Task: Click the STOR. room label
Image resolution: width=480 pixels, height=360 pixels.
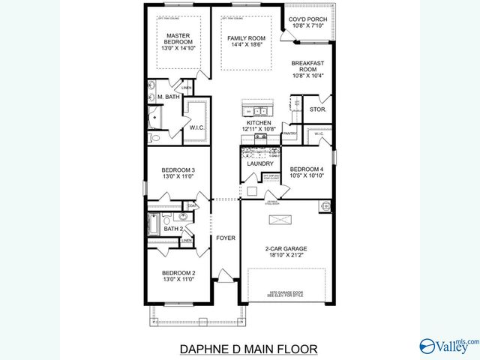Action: point(317,109)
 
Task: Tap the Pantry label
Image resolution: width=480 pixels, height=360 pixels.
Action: point(289,134)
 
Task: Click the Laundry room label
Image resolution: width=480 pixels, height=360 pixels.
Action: point(259,163)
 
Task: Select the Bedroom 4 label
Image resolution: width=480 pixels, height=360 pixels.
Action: point(306,169)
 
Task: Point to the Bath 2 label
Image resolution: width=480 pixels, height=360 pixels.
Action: point(174,229)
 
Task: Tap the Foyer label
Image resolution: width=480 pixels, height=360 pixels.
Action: point(226,238)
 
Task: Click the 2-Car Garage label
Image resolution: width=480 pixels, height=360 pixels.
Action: point(285,248)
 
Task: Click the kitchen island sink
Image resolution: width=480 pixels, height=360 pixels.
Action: point(250,112)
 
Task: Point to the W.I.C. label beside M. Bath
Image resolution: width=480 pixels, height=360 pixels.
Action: point(197,127)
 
